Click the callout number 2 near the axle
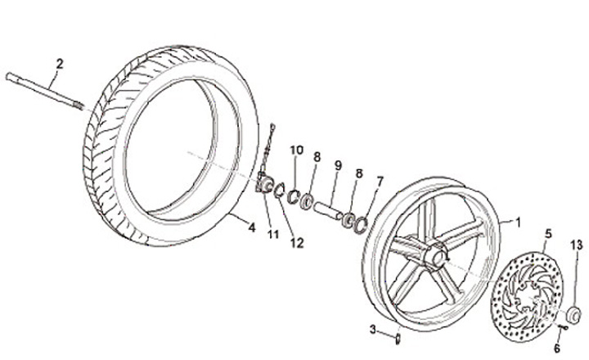coord(59,62)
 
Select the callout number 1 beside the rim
coord(517,221)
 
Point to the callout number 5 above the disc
coord(548,233)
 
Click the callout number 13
coord(577,245)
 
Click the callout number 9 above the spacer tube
coord(336,166)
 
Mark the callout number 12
coord(298,241)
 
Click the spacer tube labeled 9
coord(330,205)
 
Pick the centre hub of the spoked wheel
coord(434,257)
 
